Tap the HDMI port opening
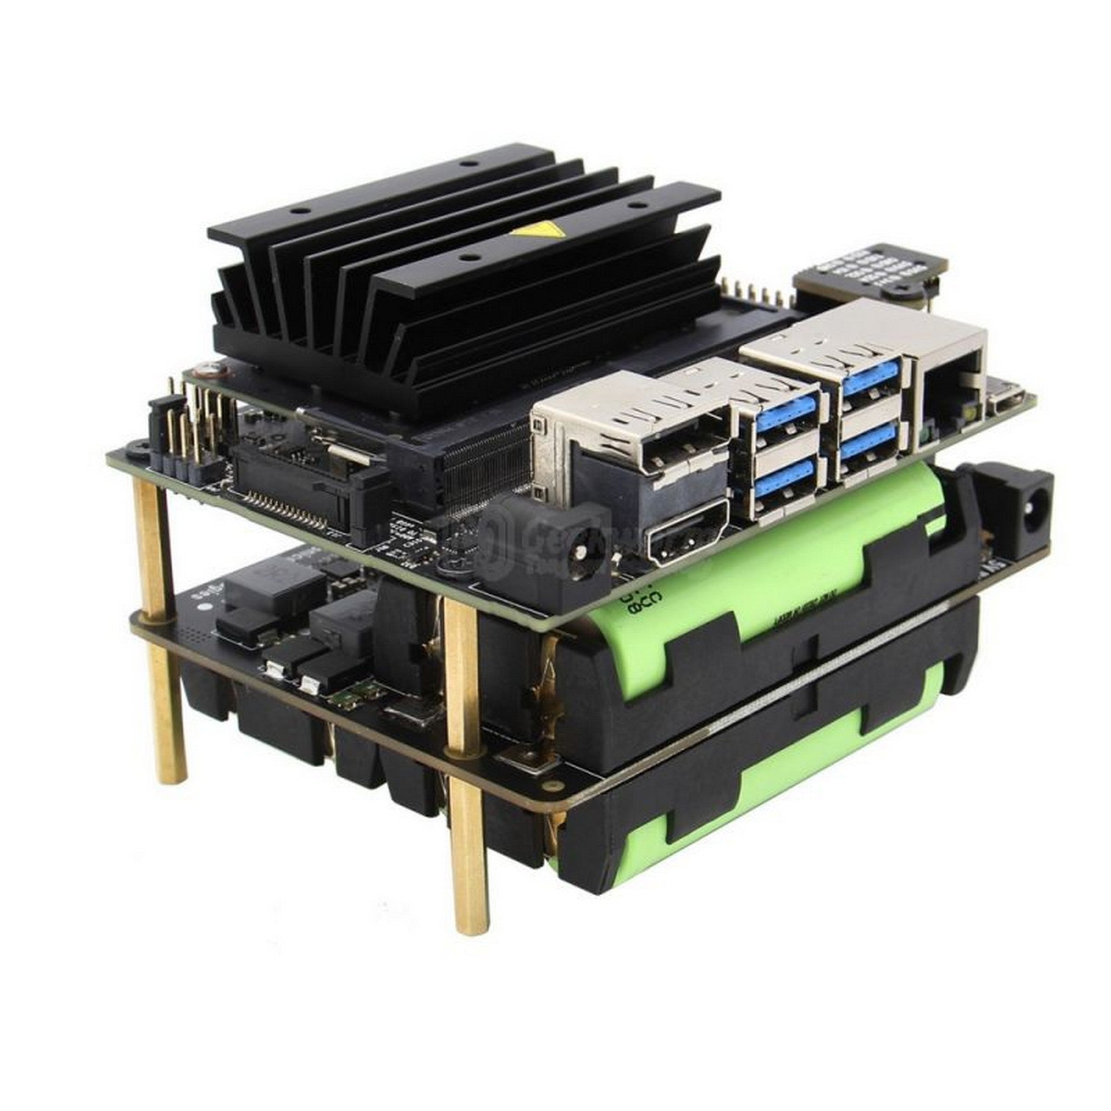pyautogui.click(x=687, y=541)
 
